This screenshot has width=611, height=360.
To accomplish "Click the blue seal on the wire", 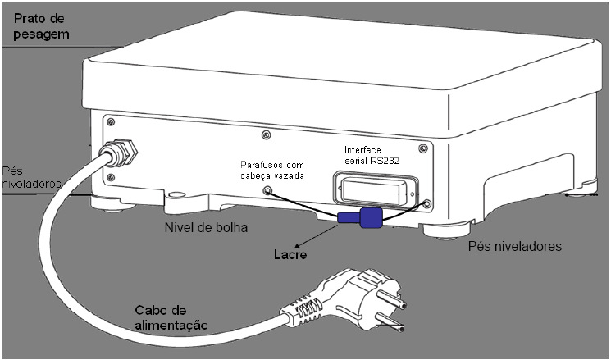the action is (x=361, y=217).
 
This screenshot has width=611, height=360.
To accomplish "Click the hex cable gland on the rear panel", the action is (x=120, y=151).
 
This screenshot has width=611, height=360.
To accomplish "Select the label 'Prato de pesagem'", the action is (x=41, y=26).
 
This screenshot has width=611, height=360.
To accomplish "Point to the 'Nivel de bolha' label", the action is (x=206, y=227).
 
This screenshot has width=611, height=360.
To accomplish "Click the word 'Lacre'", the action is (x=290, y=255).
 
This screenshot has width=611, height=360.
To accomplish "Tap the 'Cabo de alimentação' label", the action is (x=171, y=317).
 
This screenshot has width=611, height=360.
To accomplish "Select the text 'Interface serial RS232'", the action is (x=372, y=155).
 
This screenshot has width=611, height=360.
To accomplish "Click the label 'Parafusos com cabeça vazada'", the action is (x=272, y=171).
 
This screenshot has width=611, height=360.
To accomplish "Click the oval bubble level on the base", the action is (x=176, y=194).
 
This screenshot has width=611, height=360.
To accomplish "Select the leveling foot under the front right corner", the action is (x=447, y=230).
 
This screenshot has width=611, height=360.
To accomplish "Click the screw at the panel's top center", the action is (x=267, y=135).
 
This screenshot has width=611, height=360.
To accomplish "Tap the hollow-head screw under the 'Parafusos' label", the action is (x=267, y=190).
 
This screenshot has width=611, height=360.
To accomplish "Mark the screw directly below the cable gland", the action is (x=111, y=178).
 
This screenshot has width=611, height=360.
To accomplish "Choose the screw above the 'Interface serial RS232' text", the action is (x=423, y=148).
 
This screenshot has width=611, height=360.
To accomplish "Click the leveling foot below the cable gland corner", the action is (x=113, y=204).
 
